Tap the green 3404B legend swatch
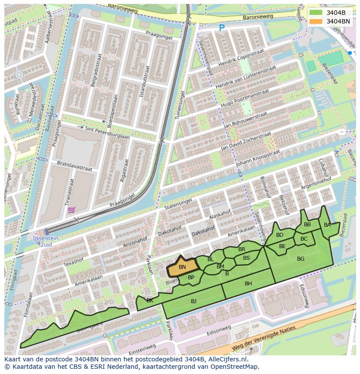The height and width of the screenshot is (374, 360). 316,13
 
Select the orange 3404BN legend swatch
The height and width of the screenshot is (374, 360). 316,21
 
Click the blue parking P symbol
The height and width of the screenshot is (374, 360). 222,28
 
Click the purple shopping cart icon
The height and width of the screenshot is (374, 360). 71,210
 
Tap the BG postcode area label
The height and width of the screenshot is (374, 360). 300,259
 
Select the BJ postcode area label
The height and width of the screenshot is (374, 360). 193,301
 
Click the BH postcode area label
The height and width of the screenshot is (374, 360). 248,284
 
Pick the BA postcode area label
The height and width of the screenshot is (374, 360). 327,225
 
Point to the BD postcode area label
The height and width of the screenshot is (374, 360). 280,235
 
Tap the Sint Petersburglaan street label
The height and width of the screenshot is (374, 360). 107,131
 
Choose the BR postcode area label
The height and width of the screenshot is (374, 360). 242,249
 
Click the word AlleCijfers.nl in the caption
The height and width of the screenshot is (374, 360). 226,360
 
